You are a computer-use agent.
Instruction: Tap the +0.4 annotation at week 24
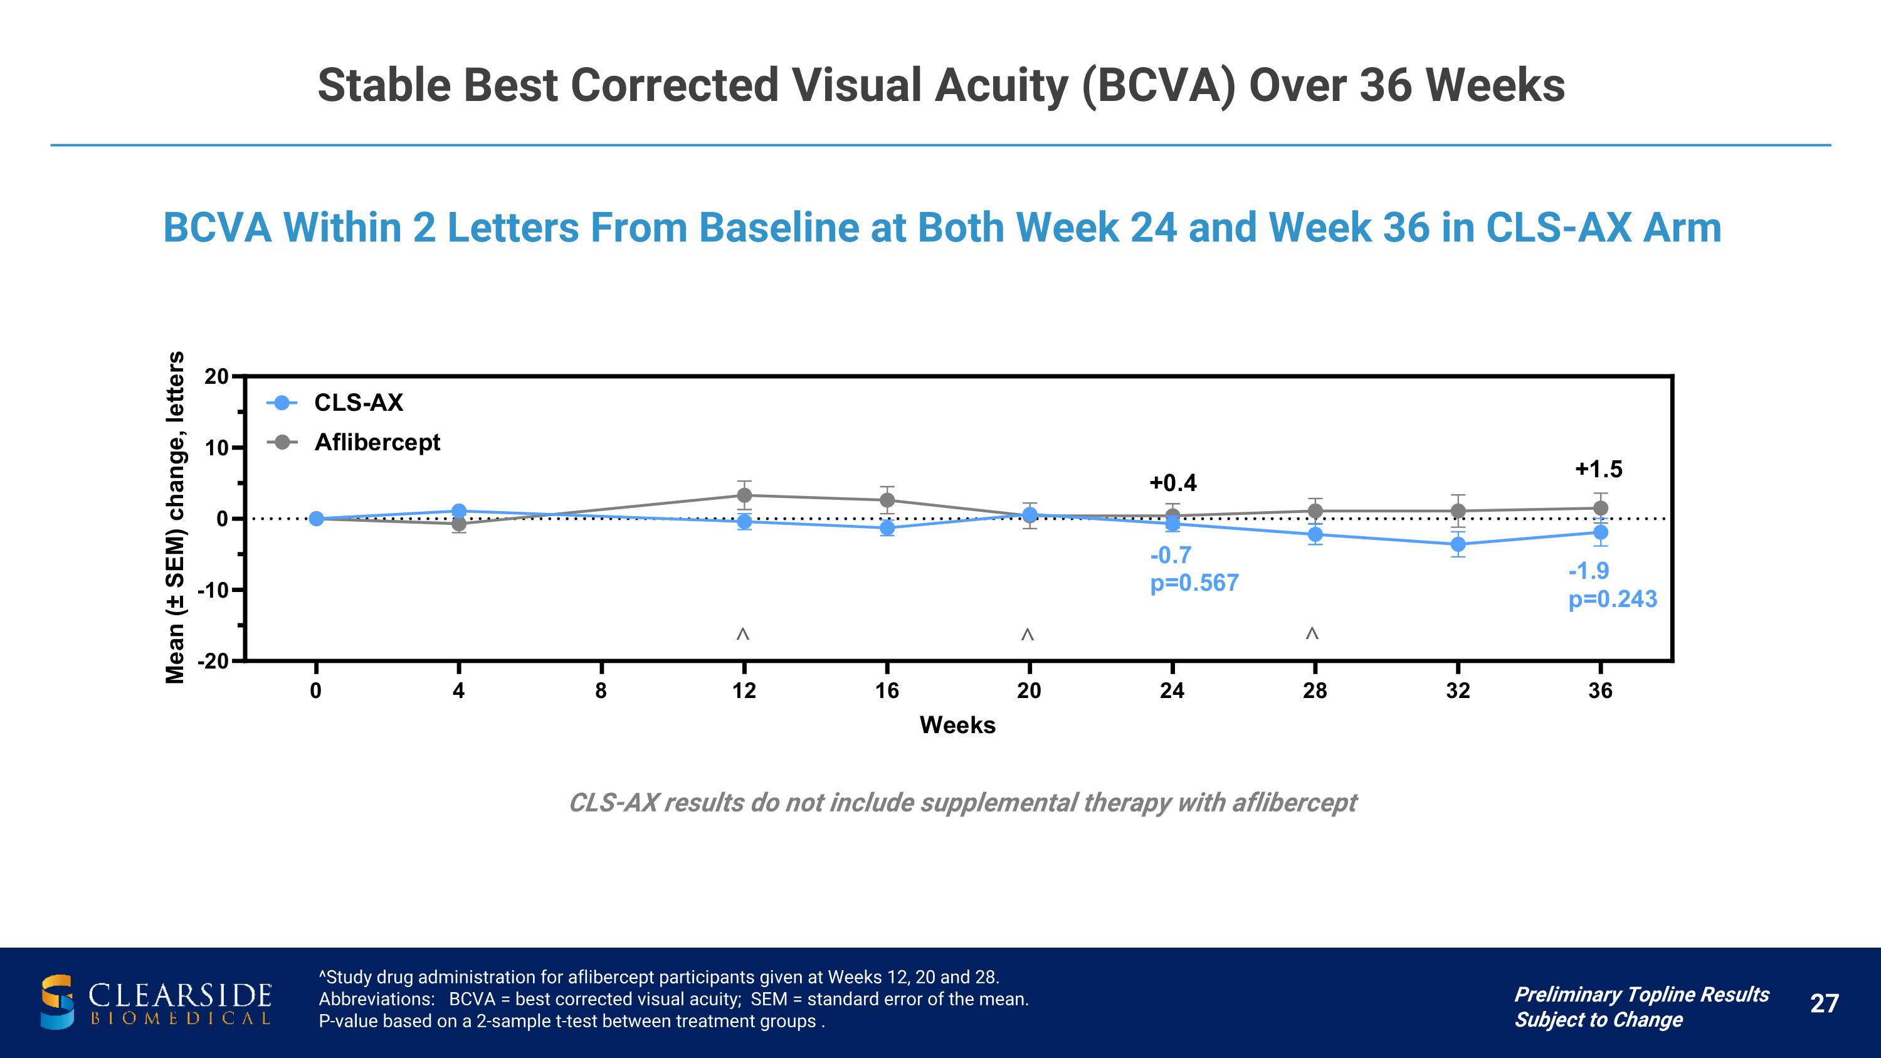point(1172,483)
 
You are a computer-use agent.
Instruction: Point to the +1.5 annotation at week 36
point(1598,468)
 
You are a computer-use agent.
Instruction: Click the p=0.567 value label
point(1194,583)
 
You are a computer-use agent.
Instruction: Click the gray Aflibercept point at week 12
point(744,495)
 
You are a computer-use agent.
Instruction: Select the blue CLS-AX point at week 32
point(1458,544)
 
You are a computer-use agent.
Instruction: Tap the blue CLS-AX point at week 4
point(458,511)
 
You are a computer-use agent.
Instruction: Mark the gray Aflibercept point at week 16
point(887,500)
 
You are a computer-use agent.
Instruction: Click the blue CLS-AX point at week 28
point(1315,534)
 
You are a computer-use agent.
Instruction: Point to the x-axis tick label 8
point(601,690)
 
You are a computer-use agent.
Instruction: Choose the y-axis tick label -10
point(213,590)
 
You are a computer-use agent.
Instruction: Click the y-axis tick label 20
point(216,377)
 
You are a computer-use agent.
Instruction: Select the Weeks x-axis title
point(957,725)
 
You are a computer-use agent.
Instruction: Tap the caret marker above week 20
point(1028,635)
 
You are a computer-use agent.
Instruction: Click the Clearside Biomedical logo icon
point(57,1002)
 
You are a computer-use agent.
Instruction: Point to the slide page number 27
point(1824,1003)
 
